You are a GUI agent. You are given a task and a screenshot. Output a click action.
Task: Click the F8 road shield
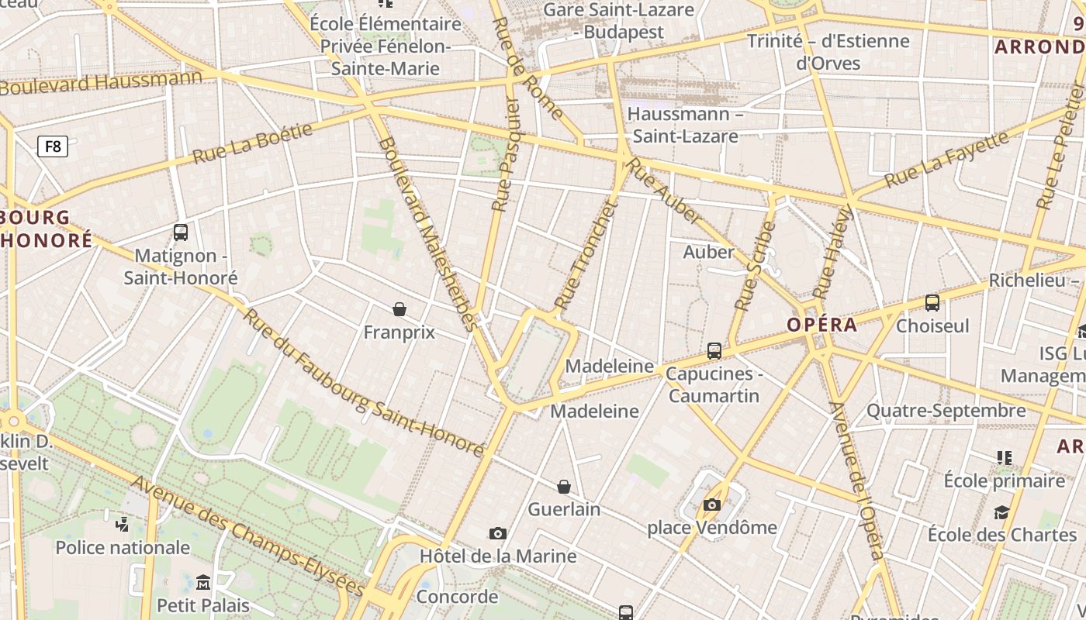coord(53,146)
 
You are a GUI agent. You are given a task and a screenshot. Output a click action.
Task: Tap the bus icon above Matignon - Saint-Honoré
coord(181,232)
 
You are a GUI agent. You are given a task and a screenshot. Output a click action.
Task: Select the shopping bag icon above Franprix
coord(399,309)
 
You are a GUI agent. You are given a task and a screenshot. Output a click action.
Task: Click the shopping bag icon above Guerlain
coord(564,487)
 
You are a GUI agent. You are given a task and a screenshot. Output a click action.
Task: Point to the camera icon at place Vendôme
coord(711,505)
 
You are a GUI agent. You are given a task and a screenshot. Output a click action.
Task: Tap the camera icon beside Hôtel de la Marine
coord(498,533)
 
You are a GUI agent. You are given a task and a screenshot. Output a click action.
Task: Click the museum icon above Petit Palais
coord(203,581)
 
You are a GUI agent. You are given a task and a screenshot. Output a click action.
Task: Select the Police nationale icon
coord(122,524)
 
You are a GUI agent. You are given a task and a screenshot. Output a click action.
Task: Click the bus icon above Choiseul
coord(932,303)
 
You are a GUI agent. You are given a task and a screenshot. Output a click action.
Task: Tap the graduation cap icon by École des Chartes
coord(1001,512)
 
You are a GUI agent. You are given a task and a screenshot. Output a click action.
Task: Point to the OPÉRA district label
coord(822,325)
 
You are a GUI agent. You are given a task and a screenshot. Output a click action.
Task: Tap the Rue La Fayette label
coord(946,159)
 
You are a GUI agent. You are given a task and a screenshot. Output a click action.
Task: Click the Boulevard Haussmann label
coord(101,82)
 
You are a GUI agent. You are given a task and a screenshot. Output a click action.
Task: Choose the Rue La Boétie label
coord(252,143)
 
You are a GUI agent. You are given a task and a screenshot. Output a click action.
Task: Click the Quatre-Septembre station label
coord(946,411)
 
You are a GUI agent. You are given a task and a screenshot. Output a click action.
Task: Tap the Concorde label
coord(457,597)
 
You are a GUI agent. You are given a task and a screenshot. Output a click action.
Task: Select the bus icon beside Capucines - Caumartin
coord(714,351)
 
